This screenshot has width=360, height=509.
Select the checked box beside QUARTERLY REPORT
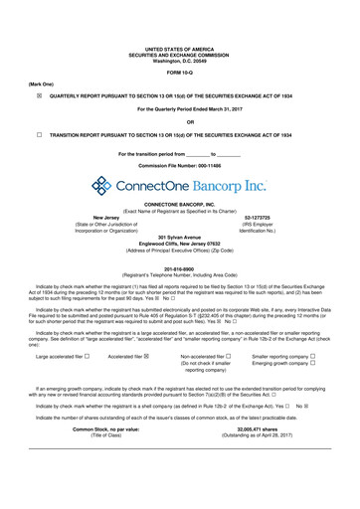tap(39, 96)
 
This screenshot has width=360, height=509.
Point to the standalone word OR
tap(180, 121)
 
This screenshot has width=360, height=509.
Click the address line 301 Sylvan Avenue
tap(180, 238)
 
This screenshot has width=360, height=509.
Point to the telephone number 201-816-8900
tap(180, 265)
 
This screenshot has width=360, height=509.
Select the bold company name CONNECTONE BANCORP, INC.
tap(180, 204)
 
